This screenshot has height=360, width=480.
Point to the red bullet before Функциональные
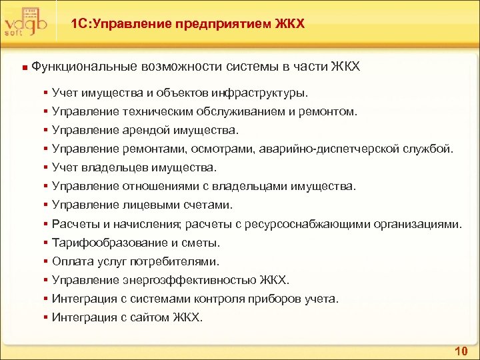point(24,67)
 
